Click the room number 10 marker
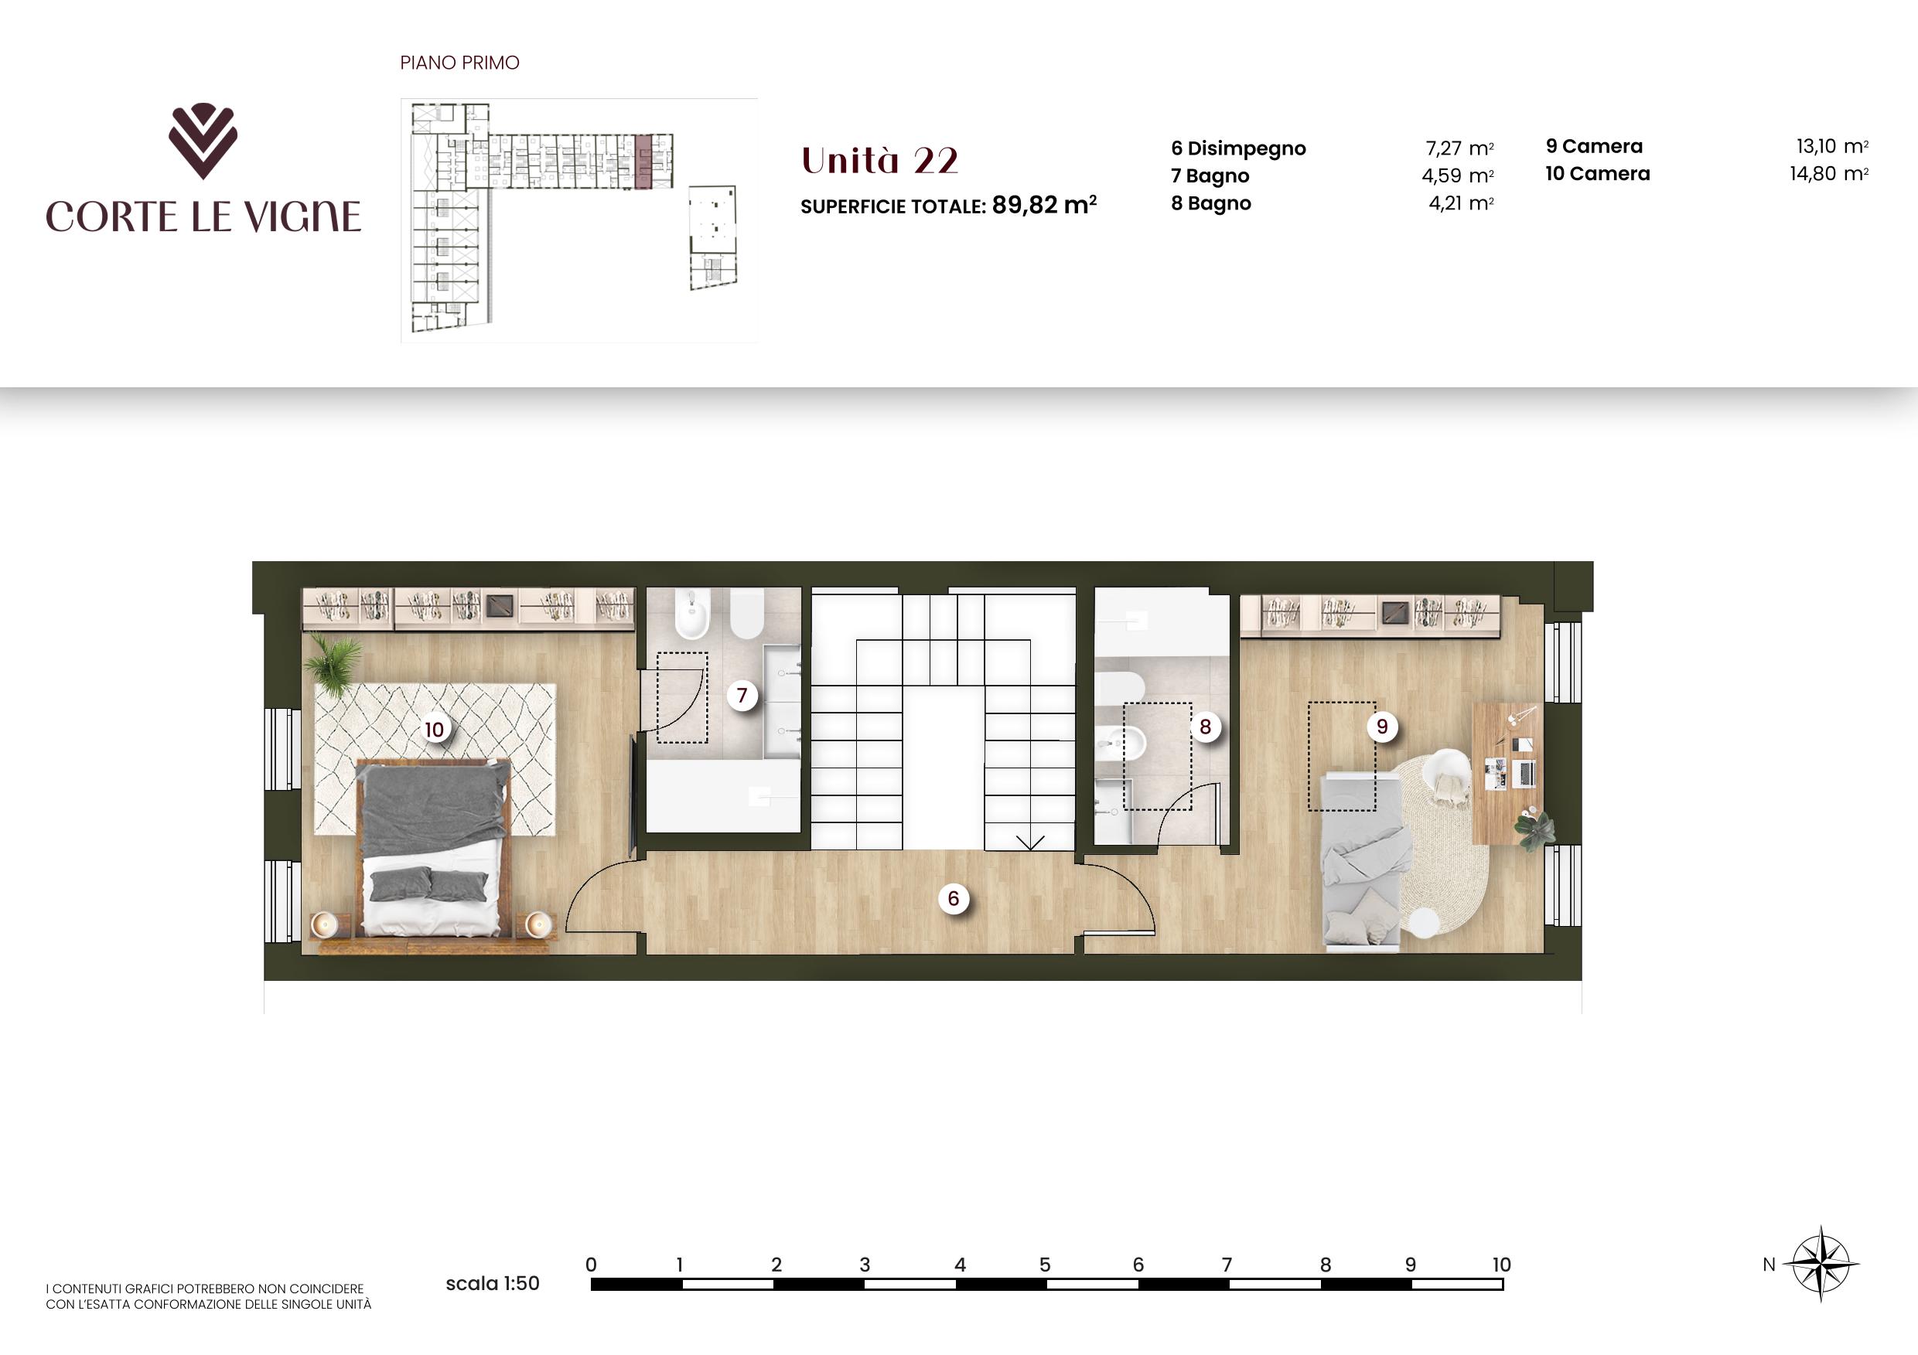point(435,730)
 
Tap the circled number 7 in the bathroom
point(742,695)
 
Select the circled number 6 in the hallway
point(953,898)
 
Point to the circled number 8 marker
point(1205,727)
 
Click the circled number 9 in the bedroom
point(1382,727)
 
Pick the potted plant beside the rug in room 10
point(334,663)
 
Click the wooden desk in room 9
point(1507,773)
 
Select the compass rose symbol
point(1822,1263)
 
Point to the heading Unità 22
point(879,160)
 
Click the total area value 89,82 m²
point(1044,205)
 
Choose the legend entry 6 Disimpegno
point(1238,148)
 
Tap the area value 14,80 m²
point(1828,174)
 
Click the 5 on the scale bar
point(1044,1264)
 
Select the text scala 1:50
point(493,1283)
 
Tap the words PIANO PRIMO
point(459,63)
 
